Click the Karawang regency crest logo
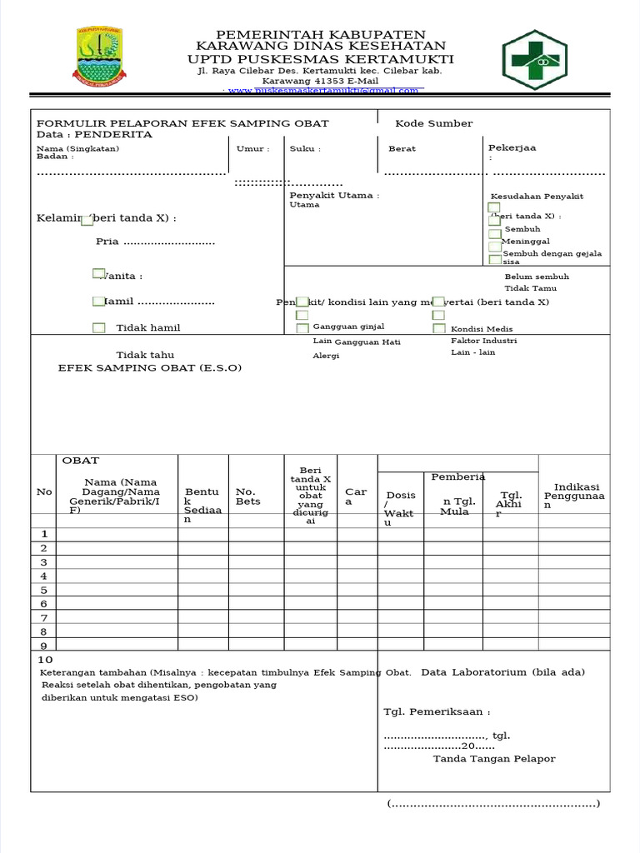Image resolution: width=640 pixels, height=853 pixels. [x=101, y=57]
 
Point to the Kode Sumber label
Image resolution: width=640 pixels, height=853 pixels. [x=433, y=123]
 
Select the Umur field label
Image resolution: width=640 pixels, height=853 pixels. [x=252, y=149]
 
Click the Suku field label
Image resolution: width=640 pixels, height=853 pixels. [x=304, y=149]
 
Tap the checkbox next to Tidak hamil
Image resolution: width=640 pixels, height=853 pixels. [x=99, y=328]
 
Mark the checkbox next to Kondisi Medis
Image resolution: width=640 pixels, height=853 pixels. [x=439, y=328]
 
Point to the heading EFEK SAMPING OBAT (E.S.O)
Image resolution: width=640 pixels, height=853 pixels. [x=149, y=367]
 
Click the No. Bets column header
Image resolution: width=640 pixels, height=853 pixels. [x=247, y=496]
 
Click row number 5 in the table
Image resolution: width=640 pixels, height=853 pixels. [x=44, y=590]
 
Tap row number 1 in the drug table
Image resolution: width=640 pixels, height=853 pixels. [x=44, y=534]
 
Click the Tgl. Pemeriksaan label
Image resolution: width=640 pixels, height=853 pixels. [x=437, y=712]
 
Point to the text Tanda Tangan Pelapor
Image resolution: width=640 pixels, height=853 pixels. [x=493, y=759]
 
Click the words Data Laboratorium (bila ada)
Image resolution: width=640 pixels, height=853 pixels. [x=503, y=672]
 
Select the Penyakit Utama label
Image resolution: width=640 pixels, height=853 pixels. [x=334, y=196]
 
